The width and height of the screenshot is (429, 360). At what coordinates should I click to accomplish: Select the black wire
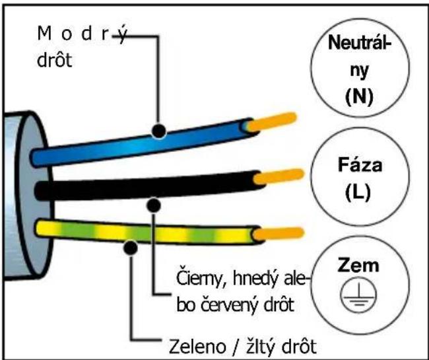[x=148, y=186]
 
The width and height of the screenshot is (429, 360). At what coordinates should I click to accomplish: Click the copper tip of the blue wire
[x=272, y=122]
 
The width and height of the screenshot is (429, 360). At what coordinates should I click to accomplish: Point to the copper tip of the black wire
[x=279, y=176]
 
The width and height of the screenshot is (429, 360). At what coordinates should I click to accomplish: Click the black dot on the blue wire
[x=159, y=131]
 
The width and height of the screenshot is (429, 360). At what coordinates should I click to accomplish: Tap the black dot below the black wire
[x=154, y=205]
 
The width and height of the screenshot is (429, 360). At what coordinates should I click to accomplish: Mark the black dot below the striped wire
[x=131, y=248]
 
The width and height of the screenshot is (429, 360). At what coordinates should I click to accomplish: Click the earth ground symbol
[x=358, y=295]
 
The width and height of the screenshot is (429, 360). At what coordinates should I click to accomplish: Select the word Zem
[x=358, y=266]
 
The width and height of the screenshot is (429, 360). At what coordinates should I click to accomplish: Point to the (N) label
[x=359, y=98]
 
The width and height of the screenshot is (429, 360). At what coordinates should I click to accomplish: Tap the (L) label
[x=358, y=192]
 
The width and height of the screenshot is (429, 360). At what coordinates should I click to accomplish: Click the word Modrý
[x=82, y=34]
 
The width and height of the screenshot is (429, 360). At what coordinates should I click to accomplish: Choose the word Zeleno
[x=197, y=346]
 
